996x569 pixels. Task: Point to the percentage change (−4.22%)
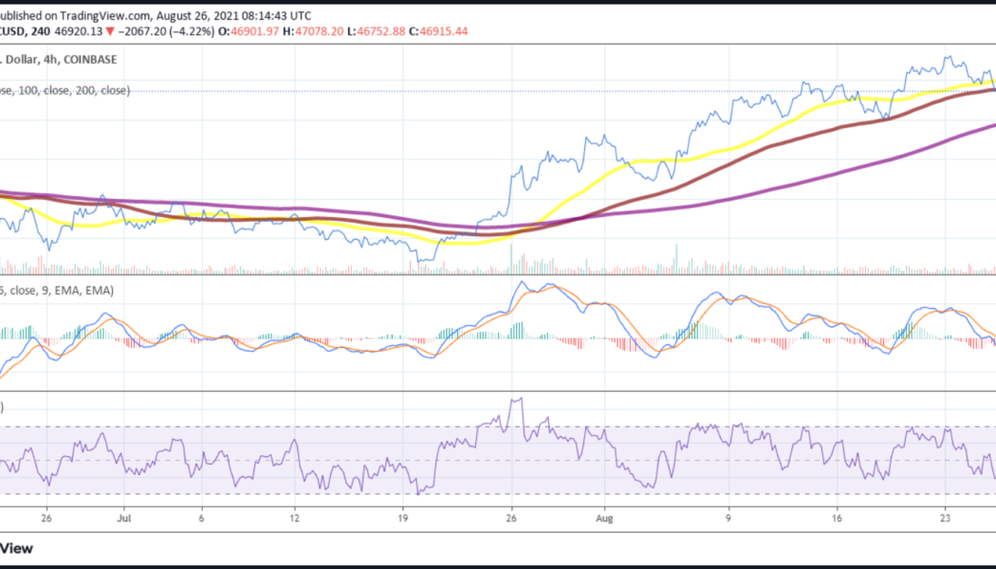coord(190,31)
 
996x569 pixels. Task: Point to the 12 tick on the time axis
coord(295,520)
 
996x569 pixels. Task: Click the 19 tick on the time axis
coord(402,520)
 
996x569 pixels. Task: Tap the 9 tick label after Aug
coord(728,520)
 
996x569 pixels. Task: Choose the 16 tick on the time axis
coord(836,520)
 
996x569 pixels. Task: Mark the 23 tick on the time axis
coord(944,520)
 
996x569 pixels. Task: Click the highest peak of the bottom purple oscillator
coord(517,399)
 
